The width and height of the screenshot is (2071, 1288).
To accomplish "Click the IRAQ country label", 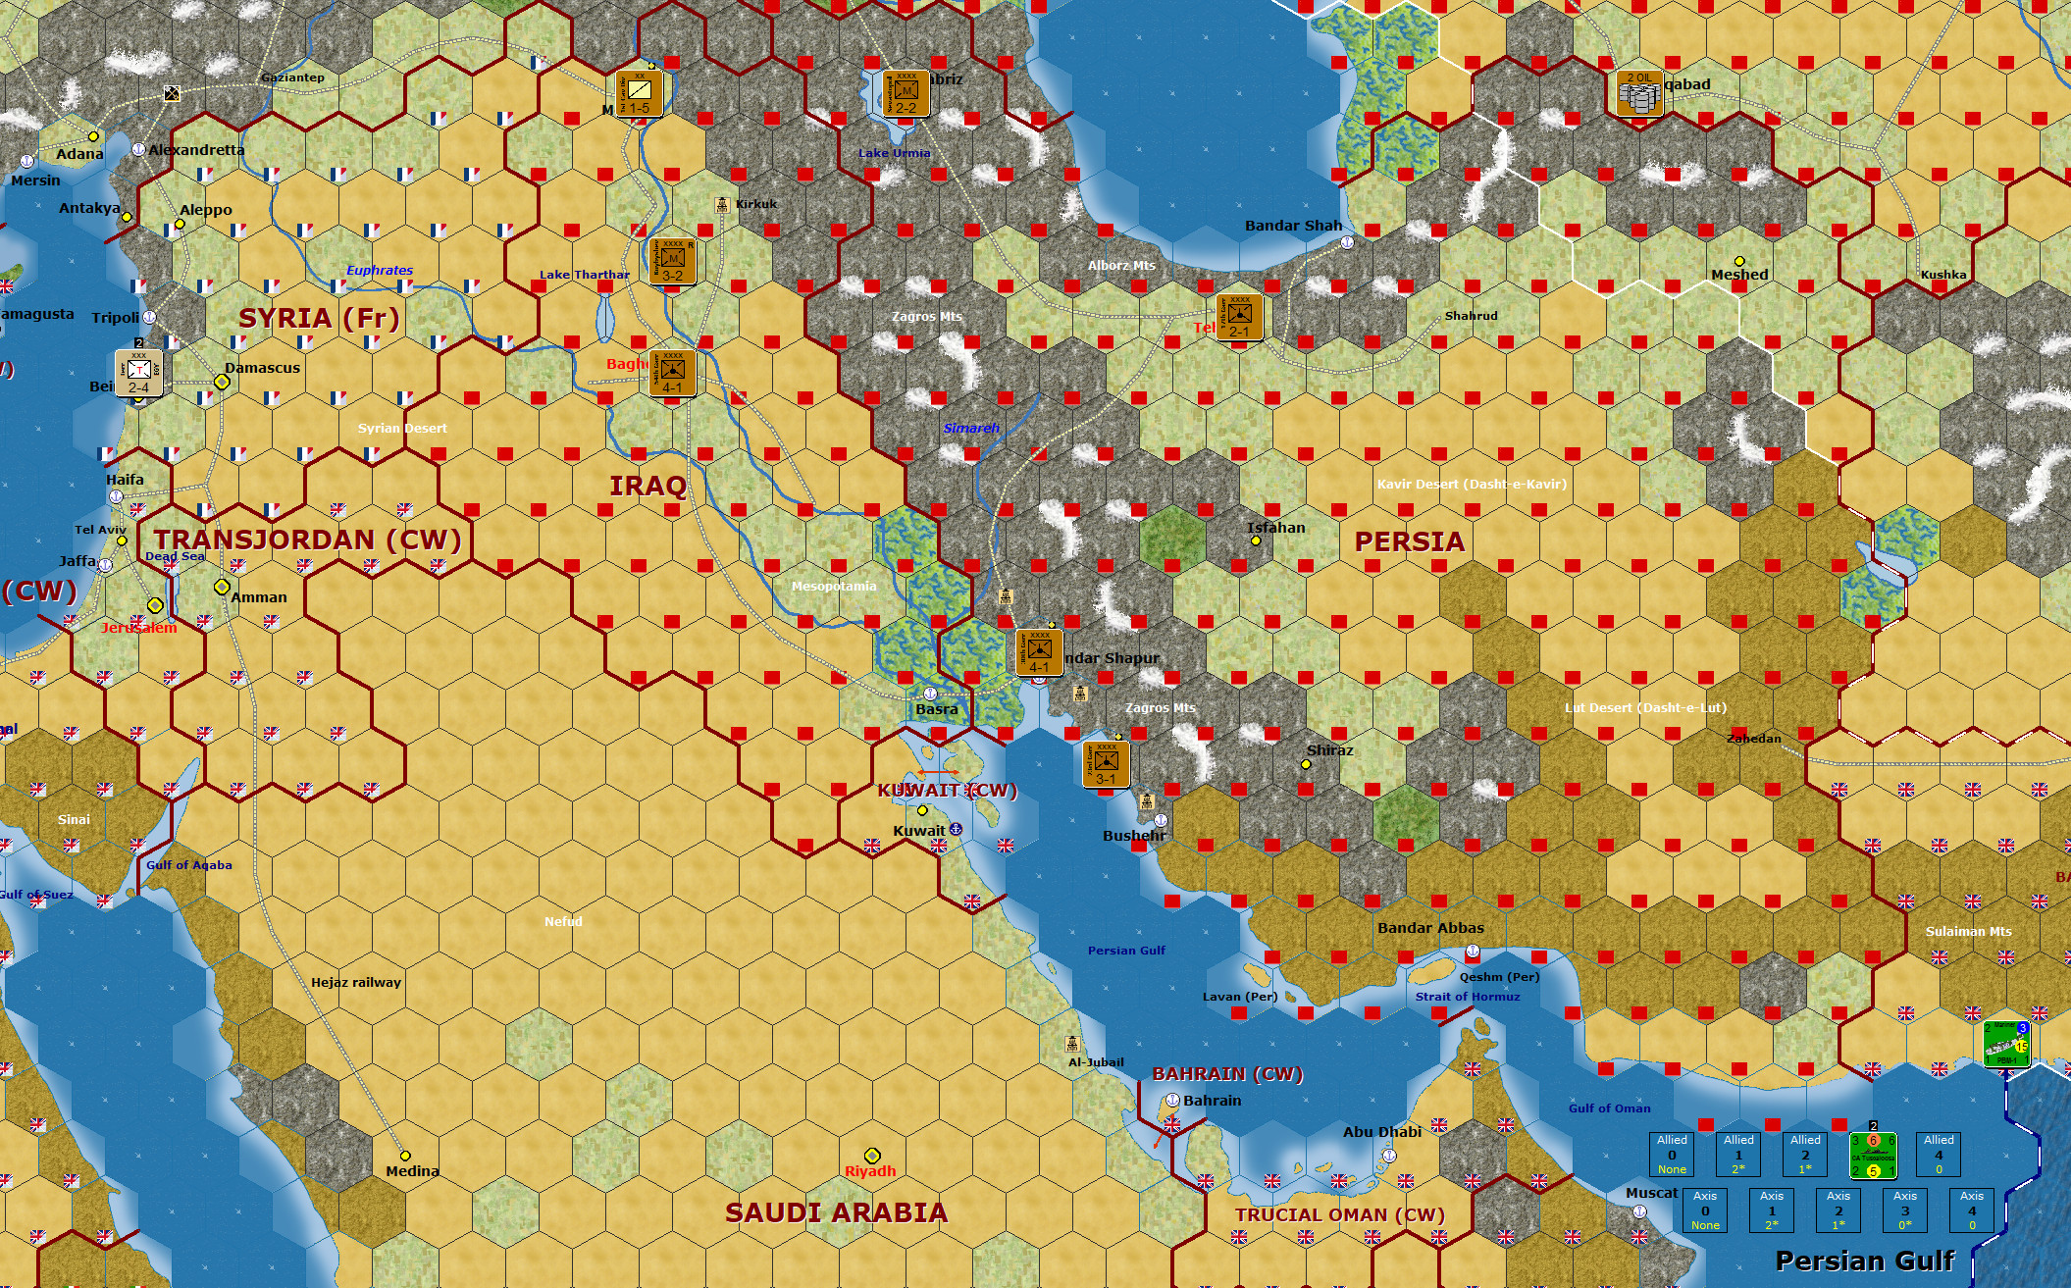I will (x=647, y=486).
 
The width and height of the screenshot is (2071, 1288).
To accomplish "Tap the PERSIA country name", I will (x=1409, y=541).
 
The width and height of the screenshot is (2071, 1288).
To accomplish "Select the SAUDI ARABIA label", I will (x=836, y=1212).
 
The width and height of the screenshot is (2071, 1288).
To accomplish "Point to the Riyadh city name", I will (x=870, y=1171).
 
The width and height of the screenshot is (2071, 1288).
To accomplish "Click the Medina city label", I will (x=412, y=1171).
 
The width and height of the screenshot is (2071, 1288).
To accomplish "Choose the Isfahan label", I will (x=1275, y=528).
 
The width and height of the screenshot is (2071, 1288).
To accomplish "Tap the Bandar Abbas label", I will (x=1430, y=928).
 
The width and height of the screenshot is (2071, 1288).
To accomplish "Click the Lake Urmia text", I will (x=894, y=153).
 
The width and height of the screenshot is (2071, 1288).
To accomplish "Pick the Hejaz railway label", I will (x=356, y=982).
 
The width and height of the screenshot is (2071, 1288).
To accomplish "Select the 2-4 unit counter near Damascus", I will (x=138, y=373).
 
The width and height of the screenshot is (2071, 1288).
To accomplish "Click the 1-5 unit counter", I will (x=640, y=94).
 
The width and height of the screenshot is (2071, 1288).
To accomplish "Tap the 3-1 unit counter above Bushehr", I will (x=1106, y=764).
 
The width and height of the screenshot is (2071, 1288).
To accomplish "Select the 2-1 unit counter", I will (x=1239, y=317).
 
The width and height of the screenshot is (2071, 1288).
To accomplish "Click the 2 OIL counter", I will (x=1639, y=93).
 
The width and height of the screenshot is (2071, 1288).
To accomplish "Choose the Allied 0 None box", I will (x=1672, y=1154).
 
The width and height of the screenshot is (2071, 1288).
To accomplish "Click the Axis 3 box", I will (x=1905, y=1210).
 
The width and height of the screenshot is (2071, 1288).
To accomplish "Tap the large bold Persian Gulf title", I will (x=1865, y=1261).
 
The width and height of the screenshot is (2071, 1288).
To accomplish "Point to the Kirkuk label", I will (x=755, y=204).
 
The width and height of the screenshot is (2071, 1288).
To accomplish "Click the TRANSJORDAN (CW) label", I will (x=307, y=540).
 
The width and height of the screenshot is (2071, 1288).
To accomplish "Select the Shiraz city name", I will (x=1329, y=750).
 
